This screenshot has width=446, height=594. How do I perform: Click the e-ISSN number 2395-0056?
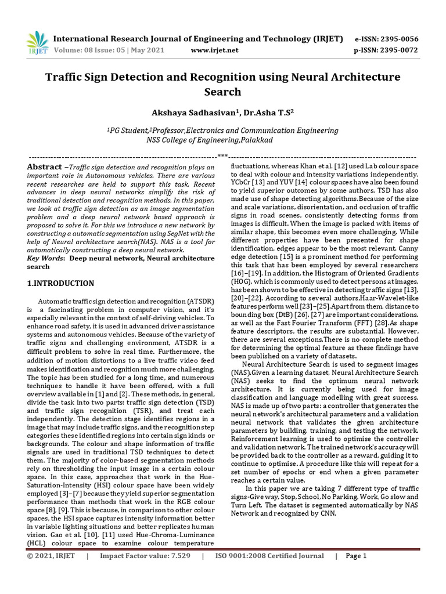[x=398, y=39]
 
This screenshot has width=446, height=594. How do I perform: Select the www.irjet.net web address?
[x=214, y=50]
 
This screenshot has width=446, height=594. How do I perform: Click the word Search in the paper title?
[x=222, y=92]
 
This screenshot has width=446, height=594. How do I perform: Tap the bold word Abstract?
[x=44, y=167]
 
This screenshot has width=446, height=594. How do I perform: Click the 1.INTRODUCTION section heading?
[x=61, y=284]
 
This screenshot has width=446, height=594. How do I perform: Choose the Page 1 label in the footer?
[x=356, y=556]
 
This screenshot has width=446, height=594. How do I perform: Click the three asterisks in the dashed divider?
[x=222, y=156]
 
